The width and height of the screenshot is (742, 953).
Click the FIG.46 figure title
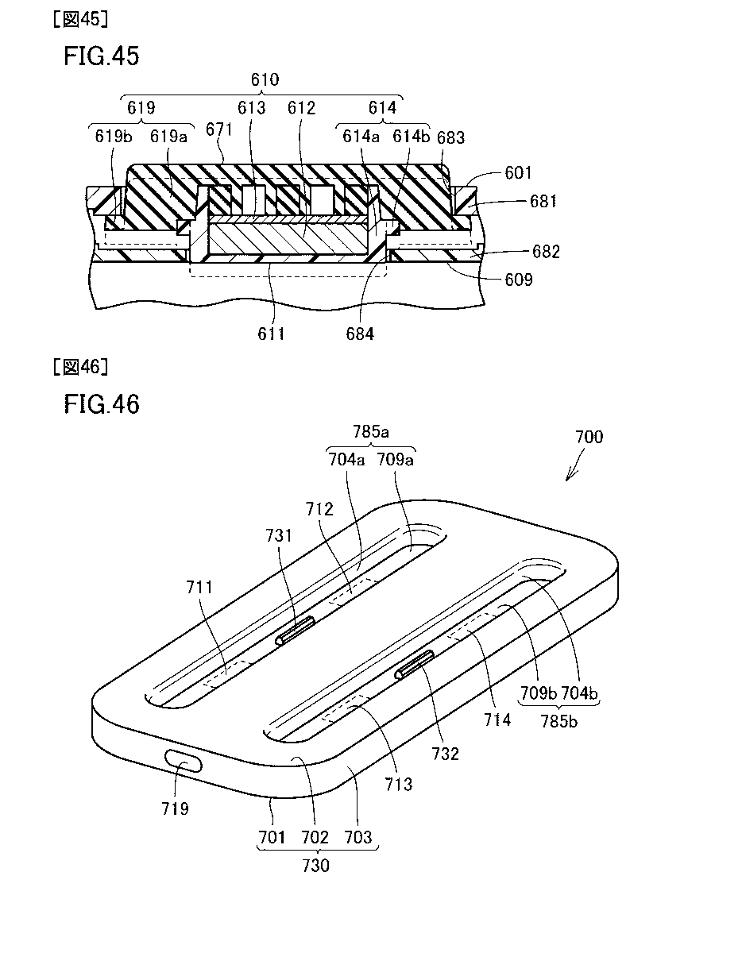(101, 404)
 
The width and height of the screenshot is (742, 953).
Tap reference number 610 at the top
(265, 79)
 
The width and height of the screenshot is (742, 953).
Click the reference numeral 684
(360, 334)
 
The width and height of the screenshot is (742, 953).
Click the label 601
(518, 173)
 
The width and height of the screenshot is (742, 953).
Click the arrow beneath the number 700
(571, 470)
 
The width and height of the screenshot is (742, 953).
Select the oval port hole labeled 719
(184, 763)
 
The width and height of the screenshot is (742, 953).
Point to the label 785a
(369, 433)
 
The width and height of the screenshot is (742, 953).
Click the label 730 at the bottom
(316, 866)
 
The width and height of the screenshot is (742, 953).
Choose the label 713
(398, 785)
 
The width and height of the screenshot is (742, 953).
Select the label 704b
(580, 693)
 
